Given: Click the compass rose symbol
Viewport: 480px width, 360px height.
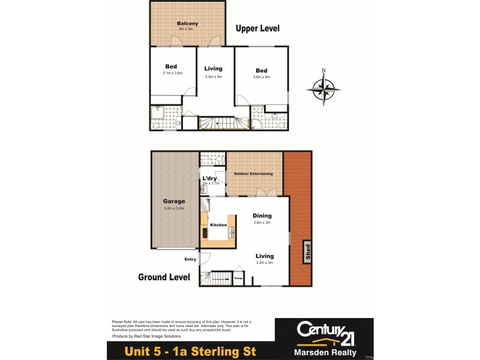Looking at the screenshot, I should point(323,89).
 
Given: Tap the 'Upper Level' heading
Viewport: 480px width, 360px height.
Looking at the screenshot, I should point(257,28).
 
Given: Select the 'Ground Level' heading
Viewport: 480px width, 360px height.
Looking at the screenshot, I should point(164,277).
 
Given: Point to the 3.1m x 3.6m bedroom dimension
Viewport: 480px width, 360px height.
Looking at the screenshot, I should point(172,73).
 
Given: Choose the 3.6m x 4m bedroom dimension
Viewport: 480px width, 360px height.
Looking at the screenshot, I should point(262,77).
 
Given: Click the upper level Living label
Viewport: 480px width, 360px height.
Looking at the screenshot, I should point(214,68).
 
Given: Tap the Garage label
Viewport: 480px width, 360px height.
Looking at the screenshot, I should point(173,202).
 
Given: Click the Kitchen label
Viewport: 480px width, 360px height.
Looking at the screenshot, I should point(218,224).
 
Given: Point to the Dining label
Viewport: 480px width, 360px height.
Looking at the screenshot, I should point(262,215).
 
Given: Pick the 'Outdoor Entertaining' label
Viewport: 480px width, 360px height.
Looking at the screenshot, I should point(254,174).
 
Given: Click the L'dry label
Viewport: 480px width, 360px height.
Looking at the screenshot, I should point(209,179).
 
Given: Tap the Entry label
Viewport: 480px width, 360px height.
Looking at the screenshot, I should point(190,259).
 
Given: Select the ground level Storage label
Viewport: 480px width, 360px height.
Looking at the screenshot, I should point(238,278).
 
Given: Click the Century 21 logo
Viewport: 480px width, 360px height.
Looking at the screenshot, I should point(323,331).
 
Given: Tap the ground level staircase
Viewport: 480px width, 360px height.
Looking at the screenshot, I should point(216,278).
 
